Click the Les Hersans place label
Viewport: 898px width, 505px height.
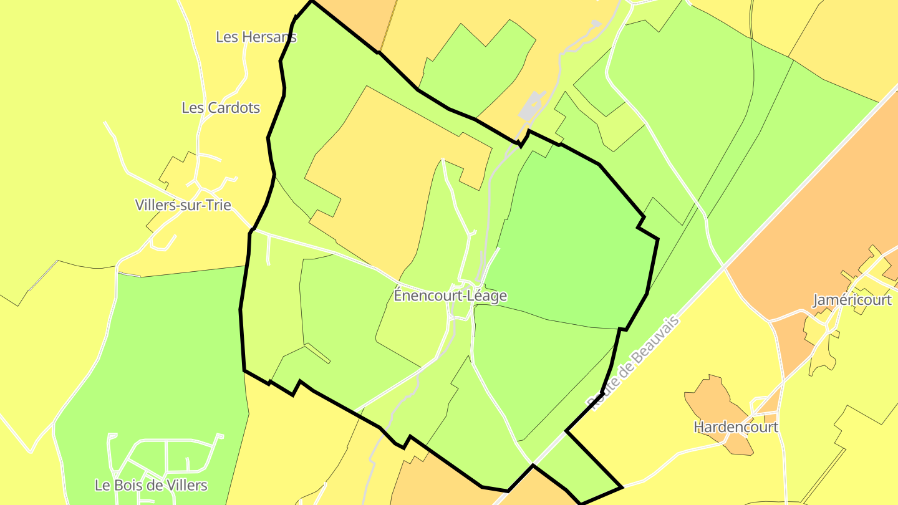[256, 37]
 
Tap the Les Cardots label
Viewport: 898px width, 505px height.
[221, 108]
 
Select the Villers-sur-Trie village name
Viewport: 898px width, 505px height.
[183, 205]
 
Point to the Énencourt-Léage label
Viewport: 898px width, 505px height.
[450, 296]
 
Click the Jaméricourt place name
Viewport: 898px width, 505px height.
[852, 300]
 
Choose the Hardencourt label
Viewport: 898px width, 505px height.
[736, 428]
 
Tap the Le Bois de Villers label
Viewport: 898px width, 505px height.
[151, 485]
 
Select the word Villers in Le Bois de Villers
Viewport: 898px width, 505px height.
[184, 485]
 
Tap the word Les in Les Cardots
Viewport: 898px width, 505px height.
[192, 108]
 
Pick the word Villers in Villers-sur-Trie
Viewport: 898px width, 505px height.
[155, 205]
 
